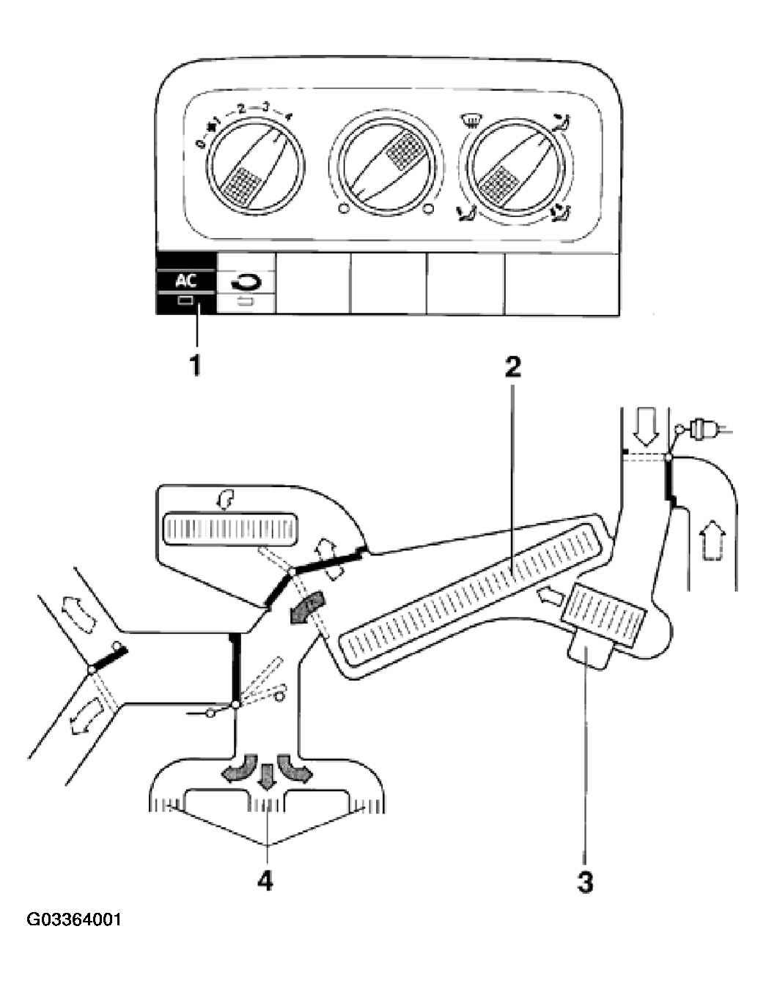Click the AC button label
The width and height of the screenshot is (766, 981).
coord(185,281)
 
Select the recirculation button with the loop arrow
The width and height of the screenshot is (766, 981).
coord(246,284)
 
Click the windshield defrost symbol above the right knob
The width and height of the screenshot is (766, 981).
coord(470,121)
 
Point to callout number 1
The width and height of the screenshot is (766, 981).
coord(195,366)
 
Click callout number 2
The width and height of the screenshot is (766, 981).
coord(512,368)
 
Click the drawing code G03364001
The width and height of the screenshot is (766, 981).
coord(75,930)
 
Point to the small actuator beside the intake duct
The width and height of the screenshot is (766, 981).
coord(701,426)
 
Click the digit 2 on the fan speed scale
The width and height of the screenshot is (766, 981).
coord(240,108)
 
